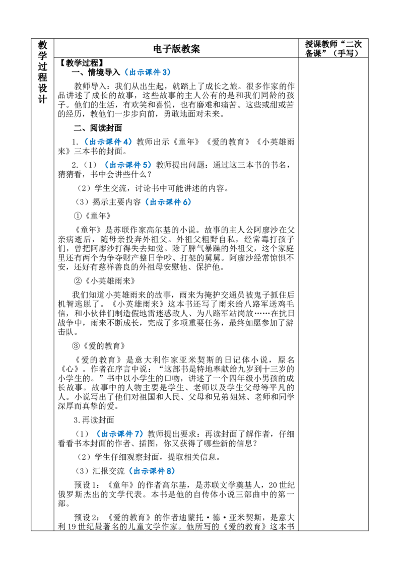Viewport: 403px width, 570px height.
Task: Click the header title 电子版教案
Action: [x=176, y=49]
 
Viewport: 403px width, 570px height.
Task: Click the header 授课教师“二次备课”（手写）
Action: [x=333, y=48]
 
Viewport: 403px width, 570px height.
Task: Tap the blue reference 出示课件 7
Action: [x=122, y=434]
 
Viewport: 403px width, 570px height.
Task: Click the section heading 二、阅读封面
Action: [x=98, y=127]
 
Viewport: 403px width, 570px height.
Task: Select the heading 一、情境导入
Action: [x=96, y=72]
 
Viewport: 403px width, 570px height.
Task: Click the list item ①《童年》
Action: [x=92, y=216]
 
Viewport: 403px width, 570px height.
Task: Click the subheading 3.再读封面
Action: [x=94, y=420]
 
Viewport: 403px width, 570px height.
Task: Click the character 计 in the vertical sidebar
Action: [x=42, y=99]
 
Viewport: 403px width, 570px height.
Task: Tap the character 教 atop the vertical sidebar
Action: [x=42, y=45]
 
